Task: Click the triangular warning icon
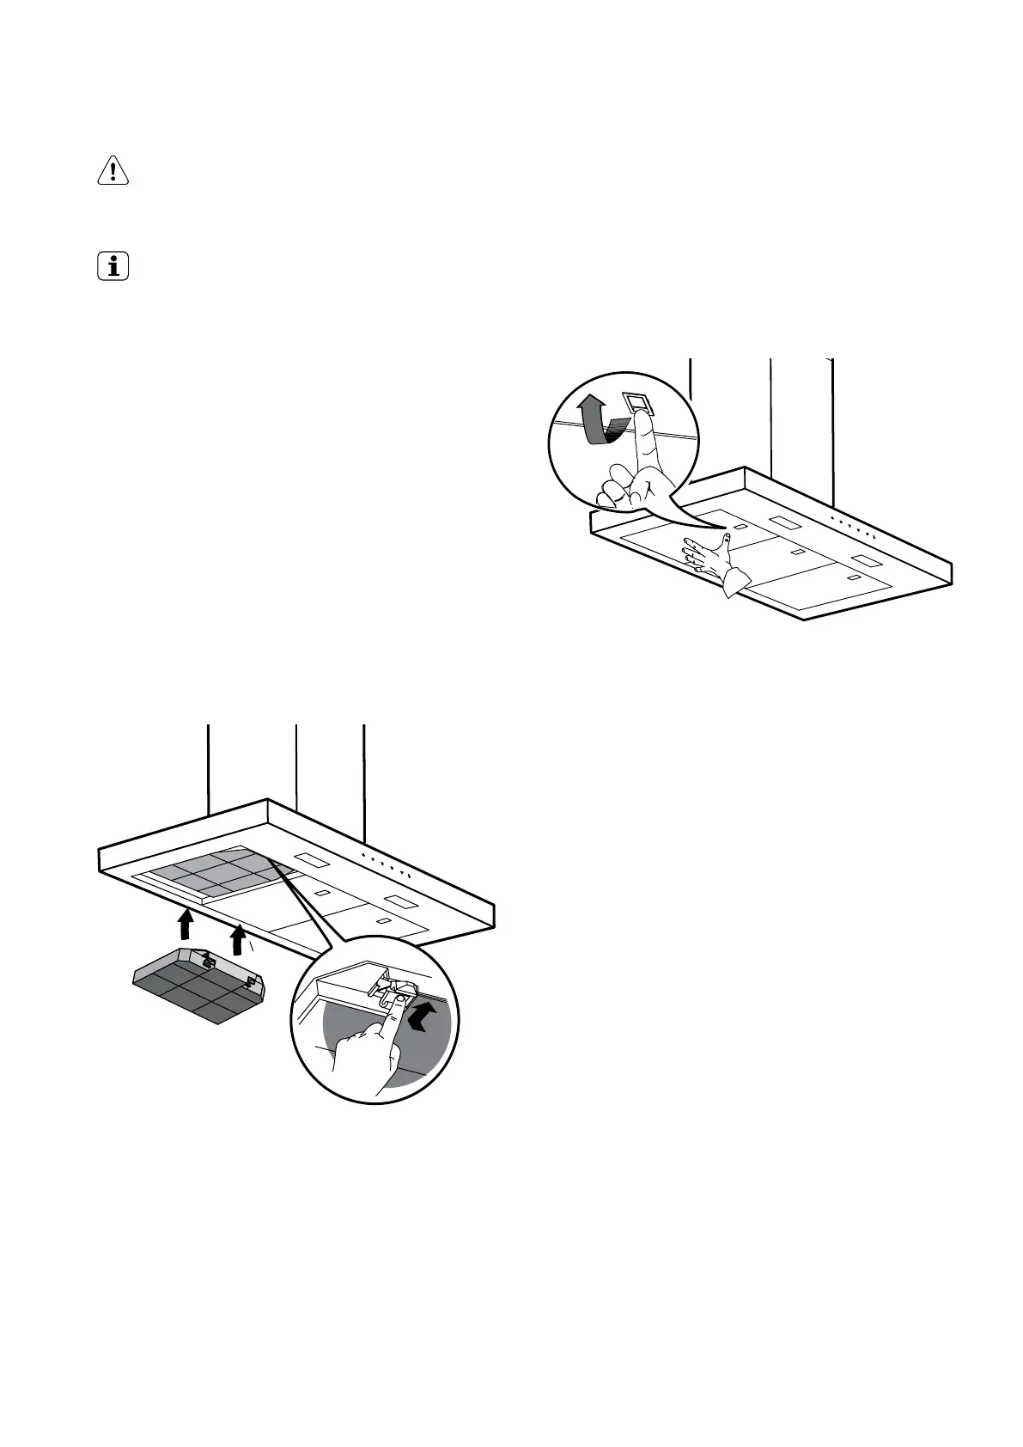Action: pos(113,172)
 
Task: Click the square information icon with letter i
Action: pos(113,266)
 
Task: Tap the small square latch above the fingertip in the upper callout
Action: pos(637,401)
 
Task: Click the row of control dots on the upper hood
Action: pos(852,526)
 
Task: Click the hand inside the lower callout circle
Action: pos(365,1053)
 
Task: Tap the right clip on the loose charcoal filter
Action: pos(251,981)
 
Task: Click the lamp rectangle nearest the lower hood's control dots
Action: pos(308,858)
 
